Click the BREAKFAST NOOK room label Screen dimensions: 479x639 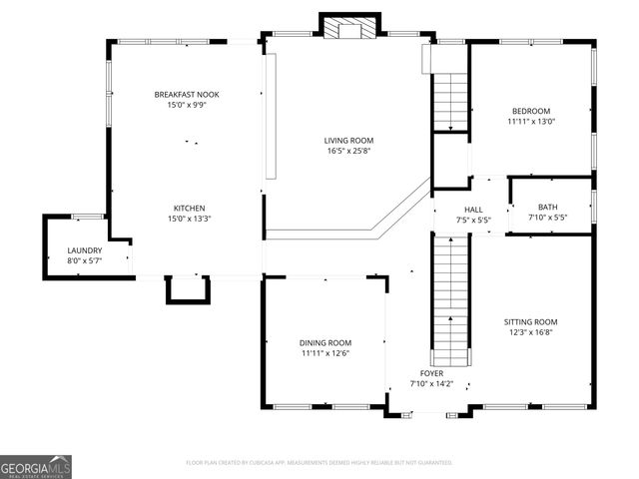click(187, 94)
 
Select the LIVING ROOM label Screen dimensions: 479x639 click(348, 141)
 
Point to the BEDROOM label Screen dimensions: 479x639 click(531, 111)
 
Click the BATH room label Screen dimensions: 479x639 click(547, 207)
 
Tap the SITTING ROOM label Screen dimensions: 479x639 click(530, 322)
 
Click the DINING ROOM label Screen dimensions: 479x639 click(325, 342)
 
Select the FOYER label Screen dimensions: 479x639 click(431, 372)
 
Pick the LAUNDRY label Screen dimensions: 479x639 click(85, 250)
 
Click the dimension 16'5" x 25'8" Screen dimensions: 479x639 click(348, 152)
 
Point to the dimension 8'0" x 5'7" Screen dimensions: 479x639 click(85, 261)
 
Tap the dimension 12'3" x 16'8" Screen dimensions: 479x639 click(530, 333)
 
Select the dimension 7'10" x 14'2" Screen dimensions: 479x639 click(431, 383)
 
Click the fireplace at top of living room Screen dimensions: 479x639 click(349, 28)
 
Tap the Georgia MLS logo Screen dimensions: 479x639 click(36, 466)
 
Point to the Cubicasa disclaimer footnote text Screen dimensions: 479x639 click(319, 463)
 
